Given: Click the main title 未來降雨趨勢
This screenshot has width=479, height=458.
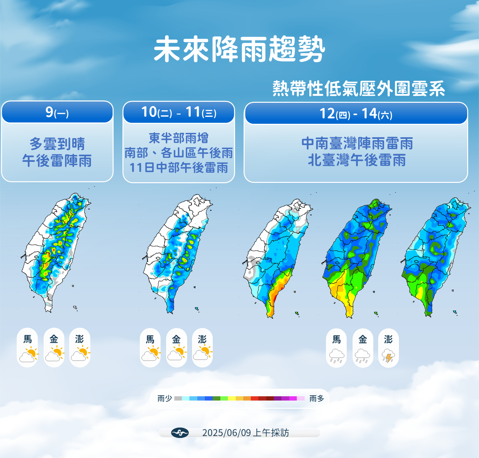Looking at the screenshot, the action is pos(239,49).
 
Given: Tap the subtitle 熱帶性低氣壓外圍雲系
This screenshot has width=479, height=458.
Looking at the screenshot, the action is pos(359,88).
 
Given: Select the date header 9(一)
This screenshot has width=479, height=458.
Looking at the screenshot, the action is pos(57,112).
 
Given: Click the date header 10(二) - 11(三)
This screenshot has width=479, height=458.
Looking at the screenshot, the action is pos(179,112).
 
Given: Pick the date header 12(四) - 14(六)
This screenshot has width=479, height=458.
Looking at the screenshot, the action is pos(356,114).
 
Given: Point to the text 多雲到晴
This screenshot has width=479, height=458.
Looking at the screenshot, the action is pos(57,144).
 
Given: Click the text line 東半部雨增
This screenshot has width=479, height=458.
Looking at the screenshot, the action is pos(179,138).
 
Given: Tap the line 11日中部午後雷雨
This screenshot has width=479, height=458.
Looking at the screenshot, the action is pos(179,168).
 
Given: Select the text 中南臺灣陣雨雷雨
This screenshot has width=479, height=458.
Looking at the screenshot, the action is pos(357,143).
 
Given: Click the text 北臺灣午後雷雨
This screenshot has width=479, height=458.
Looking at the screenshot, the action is pos(357,160).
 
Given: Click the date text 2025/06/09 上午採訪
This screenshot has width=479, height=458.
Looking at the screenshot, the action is pos(245,433).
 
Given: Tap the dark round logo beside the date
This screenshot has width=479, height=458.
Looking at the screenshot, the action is pos(180,433).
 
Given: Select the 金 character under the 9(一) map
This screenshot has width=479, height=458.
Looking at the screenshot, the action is pos(54,339).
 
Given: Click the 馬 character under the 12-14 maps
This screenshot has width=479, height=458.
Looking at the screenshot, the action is pos(337,339).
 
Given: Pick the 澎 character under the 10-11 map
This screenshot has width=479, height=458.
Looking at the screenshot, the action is pos(202,339).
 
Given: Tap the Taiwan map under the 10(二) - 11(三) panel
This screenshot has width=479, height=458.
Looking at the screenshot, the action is pos(178,253).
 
